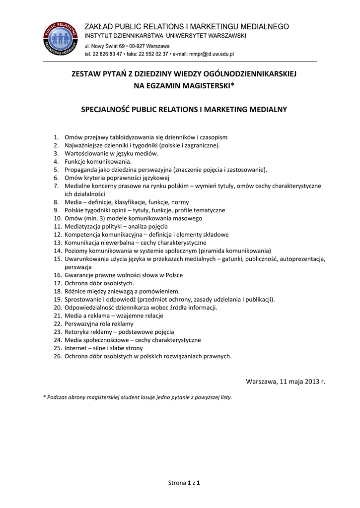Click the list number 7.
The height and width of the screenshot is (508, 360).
pos(57,186)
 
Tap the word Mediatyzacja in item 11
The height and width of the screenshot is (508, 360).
pos(83,226)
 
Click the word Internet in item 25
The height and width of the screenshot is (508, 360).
pos(76,348)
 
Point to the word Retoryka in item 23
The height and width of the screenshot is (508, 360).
pos(77,331)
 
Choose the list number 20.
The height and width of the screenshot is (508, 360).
pos(57,307)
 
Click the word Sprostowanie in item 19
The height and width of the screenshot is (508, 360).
pos(84,299)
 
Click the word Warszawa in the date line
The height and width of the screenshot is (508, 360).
pos(263,381)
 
